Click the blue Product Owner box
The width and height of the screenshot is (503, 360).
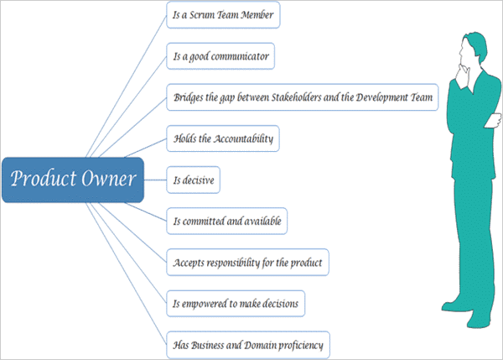(x=72, y=179)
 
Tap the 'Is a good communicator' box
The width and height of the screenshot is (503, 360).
(x=220, y=56)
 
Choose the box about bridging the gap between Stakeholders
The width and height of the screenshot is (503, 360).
(x=302, y=97)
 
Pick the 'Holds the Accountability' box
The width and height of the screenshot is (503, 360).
(x=221, y=138)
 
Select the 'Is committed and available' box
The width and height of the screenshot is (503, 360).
(x=226, y=221)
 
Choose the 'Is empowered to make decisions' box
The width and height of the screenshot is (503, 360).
(x=235, y=302)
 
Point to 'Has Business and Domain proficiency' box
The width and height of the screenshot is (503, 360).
(x=246, y=343)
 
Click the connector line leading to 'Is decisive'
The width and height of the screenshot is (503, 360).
(x=155, y=179)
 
